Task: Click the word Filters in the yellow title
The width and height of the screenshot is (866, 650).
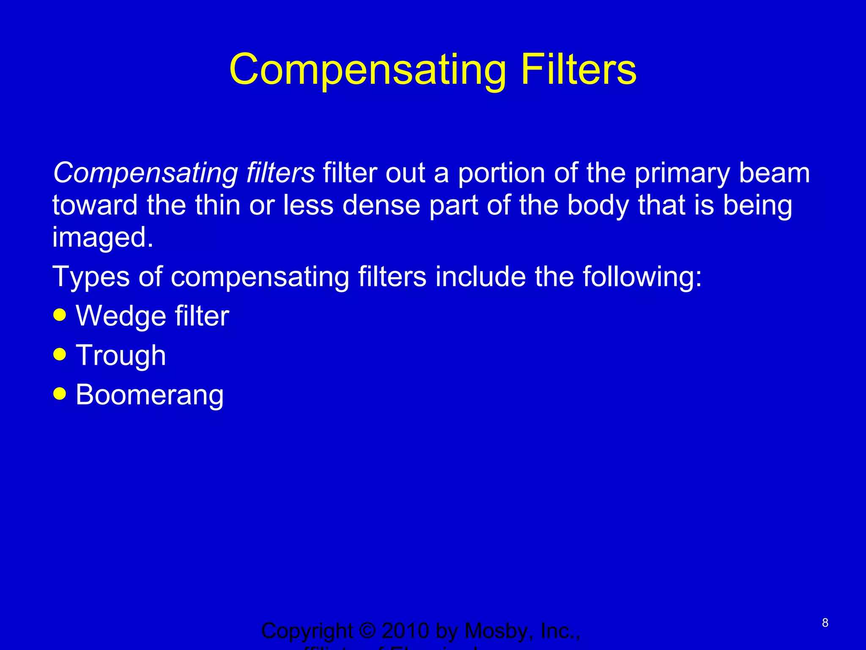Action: tap(578, 70)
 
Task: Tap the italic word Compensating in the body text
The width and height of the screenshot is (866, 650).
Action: tap(145, 174)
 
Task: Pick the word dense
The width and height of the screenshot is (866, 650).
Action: tap(381, 205)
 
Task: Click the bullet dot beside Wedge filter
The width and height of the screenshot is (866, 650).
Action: tap(60, 315)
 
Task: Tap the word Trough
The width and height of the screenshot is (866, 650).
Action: tap(121, 356)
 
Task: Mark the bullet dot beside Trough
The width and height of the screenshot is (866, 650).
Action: tap(60, 354)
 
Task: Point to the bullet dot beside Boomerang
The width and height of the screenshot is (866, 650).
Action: tap(60, 394)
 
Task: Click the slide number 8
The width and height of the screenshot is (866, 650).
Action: tap(825, 622)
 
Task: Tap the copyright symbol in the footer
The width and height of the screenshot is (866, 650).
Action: tap(367, 631)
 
